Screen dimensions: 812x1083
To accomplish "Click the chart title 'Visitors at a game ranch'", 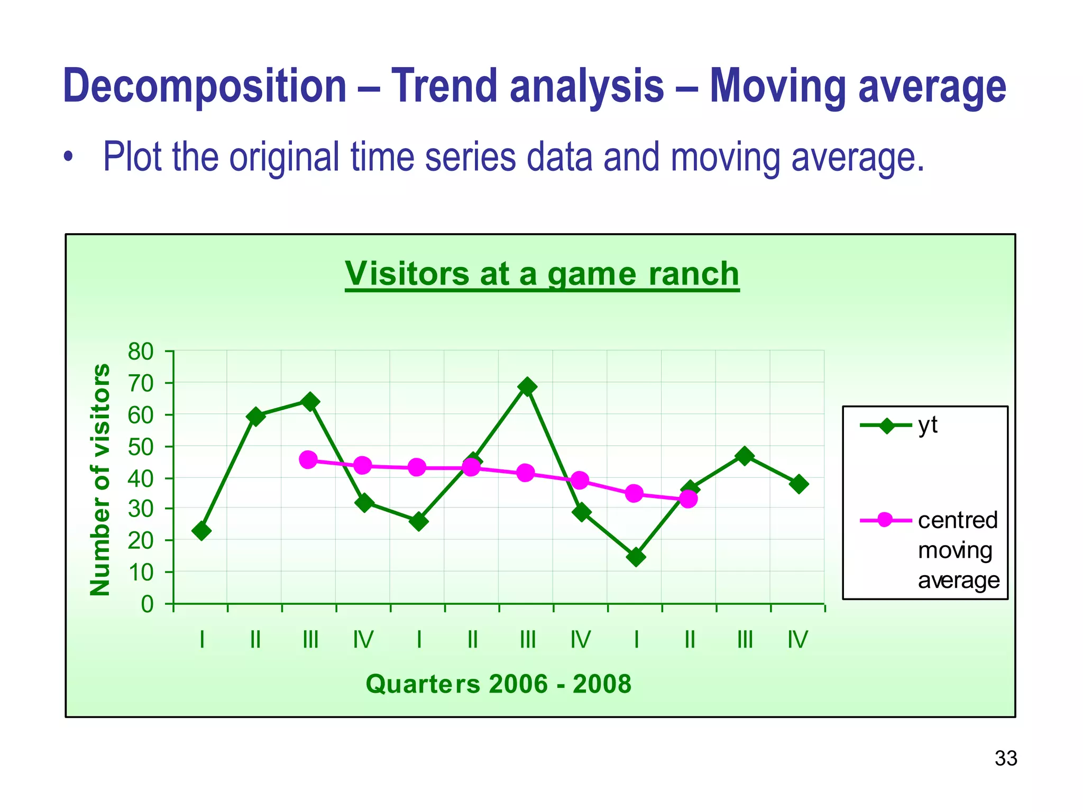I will (541, 274).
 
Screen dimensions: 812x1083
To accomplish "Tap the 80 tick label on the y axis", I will (140, 352).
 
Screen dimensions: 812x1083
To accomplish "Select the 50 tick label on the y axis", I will (140, 447).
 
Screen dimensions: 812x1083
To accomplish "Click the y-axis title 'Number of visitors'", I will (100, 479).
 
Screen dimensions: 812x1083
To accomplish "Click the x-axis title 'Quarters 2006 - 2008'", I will (498, 684).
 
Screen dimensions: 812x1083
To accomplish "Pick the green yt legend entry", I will (899, 425).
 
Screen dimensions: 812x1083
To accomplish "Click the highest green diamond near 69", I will (527, 387).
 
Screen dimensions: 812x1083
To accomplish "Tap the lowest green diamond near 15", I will (636, 557).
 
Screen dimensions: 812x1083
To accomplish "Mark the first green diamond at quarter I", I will (201, 530).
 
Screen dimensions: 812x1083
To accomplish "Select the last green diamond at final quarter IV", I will (799, 484).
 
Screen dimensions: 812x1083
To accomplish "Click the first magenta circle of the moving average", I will (308, 459).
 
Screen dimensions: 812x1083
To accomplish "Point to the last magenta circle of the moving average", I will (688, 499).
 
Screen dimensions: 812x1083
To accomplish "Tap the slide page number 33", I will (1005, 759).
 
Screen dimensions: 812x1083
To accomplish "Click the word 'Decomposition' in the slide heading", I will (204, 86).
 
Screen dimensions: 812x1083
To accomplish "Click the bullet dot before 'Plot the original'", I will (67, 158).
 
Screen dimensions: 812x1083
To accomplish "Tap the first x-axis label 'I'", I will (201, 640).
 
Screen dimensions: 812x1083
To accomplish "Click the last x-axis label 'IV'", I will (797, 640).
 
